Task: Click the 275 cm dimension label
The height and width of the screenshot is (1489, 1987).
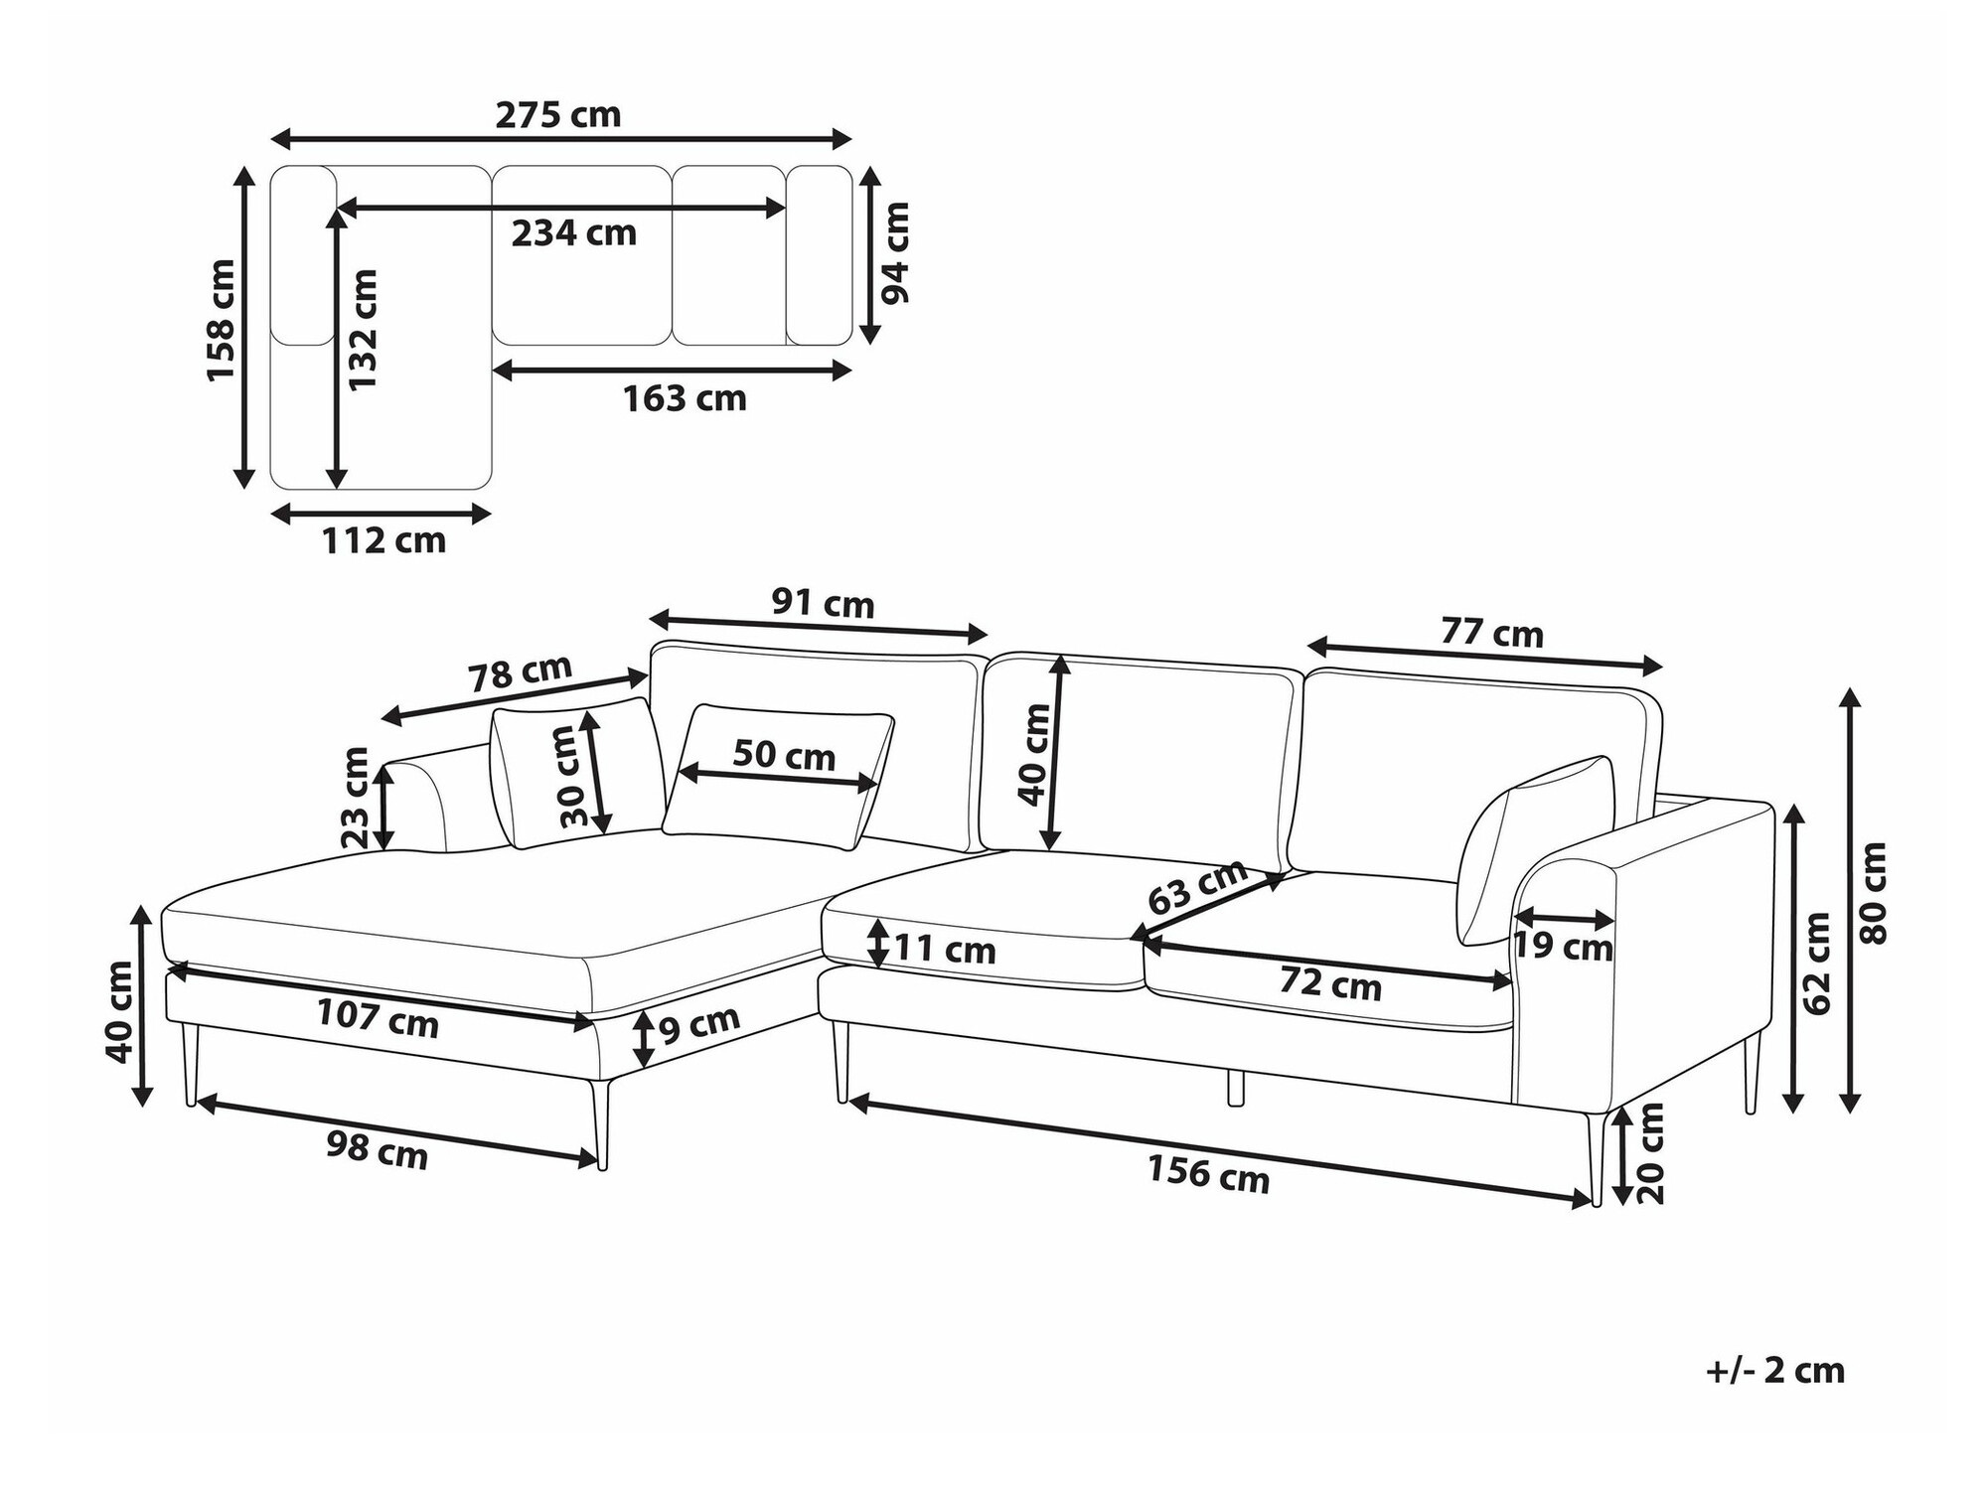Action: pos(558,115)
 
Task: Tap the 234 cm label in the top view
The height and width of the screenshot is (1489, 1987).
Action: pos(574,233)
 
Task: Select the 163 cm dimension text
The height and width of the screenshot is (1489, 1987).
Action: pos(685,398)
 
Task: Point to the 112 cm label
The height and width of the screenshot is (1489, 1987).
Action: pos(383,541)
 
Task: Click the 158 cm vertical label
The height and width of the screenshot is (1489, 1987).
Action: pos(220,320)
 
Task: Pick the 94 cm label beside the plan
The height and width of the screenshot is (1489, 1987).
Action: pos(894,253)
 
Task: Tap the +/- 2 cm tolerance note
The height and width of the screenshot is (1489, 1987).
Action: pos(1775,1371)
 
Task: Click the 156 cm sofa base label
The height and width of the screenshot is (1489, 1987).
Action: pos(1209,1173)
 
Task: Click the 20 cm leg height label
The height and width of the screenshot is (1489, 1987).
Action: pos(1649,1153)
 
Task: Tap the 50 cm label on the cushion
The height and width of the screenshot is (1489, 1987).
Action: pos(784,755)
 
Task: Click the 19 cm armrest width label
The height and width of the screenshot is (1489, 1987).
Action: pos(1563,947)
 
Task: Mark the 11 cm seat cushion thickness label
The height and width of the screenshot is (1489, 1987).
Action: pos(945,950)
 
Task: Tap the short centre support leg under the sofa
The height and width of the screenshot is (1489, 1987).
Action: pos(1236,1087)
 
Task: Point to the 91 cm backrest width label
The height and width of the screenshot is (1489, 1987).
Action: pos(824,603)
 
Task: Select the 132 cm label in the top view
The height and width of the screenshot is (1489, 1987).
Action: pos(363,329)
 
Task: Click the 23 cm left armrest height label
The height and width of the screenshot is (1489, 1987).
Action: pos(355,798)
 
